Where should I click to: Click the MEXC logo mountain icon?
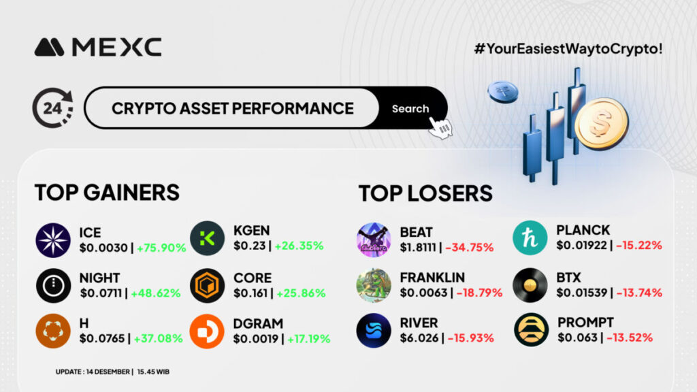[x=49, y=47]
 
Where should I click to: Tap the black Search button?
[x=411, y=108]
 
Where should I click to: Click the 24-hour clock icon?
[x=53, y=108]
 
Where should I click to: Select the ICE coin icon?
[x=53, y=240]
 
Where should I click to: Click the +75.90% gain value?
[x=161, y=248]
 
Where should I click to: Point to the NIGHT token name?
[x=99, y=278]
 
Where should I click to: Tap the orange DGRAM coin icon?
[x=207, y=331]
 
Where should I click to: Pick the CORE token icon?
[x=207, y=285]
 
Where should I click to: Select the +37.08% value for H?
[x=158, y=338]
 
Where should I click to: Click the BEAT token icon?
[x=374, y=240]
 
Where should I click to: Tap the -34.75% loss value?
[x=470, y=247]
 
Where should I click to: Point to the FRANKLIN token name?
[x=432, y=278]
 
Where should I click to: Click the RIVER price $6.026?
[x=419, y=338]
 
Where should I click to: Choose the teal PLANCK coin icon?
[x=530, y=238]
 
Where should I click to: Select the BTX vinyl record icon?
[x=530, y=285]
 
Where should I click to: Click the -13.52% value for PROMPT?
[x=630, y=338]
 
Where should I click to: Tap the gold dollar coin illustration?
[x=602, y=124]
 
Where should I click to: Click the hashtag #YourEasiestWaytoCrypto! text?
[x=568, y=48]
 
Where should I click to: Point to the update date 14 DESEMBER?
[x=108, y=372]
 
